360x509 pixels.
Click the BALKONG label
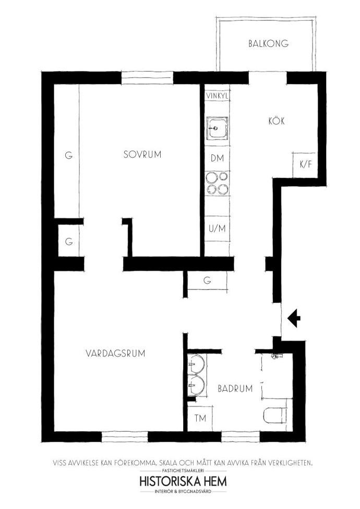268,43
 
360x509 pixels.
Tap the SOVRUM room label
142,154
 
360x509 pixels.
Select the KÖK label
277,121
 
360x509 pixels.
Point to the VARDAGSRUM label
115,353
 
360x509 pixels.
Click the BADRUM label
235,388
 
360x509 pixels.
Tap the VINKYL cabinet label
217,96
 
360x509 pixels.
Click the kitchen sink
217,128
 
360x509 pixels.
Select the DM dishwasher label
217,159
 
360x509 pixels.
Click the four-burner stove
217,183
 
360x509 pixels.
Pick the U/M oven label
217,228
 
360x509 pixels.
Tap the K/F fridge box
305,165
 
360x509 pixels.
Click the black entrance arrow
294,318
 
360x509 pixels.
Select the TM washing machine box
200,418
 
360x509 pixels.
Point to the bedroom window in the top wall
147,78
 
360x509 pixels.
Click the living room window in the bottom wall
125,437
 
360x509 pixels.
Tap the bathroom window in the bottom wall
241,437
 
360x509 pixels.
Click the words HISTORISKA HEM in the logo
183,481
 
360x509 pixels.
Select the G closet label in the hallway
207,280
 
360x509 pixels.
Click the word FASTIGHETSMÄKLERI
183,470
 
